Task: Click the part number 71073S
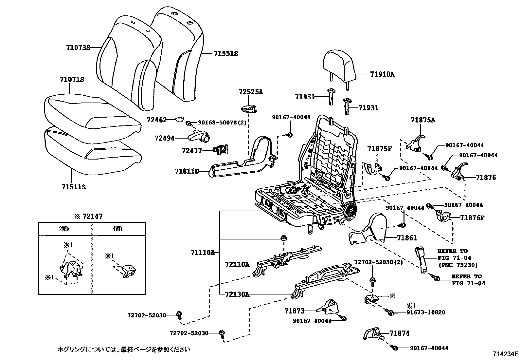78,47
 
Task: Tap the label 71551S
226,53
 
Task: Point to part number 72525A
251,92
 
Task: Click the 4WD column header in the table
117,229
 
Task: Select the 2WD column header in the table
64,229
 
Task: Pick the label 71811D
187,171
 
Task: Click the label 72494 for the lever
164,139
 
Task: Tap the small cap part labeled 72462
178,119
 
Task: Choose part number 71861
407,238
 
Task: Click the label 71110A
203,253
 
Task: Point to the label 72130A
237,294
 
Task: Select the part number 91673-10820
426,312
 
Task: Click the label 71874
400,333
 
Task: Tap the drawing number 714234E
506,354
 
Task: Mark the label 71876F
472,218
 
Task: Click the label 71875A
423,120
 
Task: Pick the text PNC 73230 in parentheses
458,265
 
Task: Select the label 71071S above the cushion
72,80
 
